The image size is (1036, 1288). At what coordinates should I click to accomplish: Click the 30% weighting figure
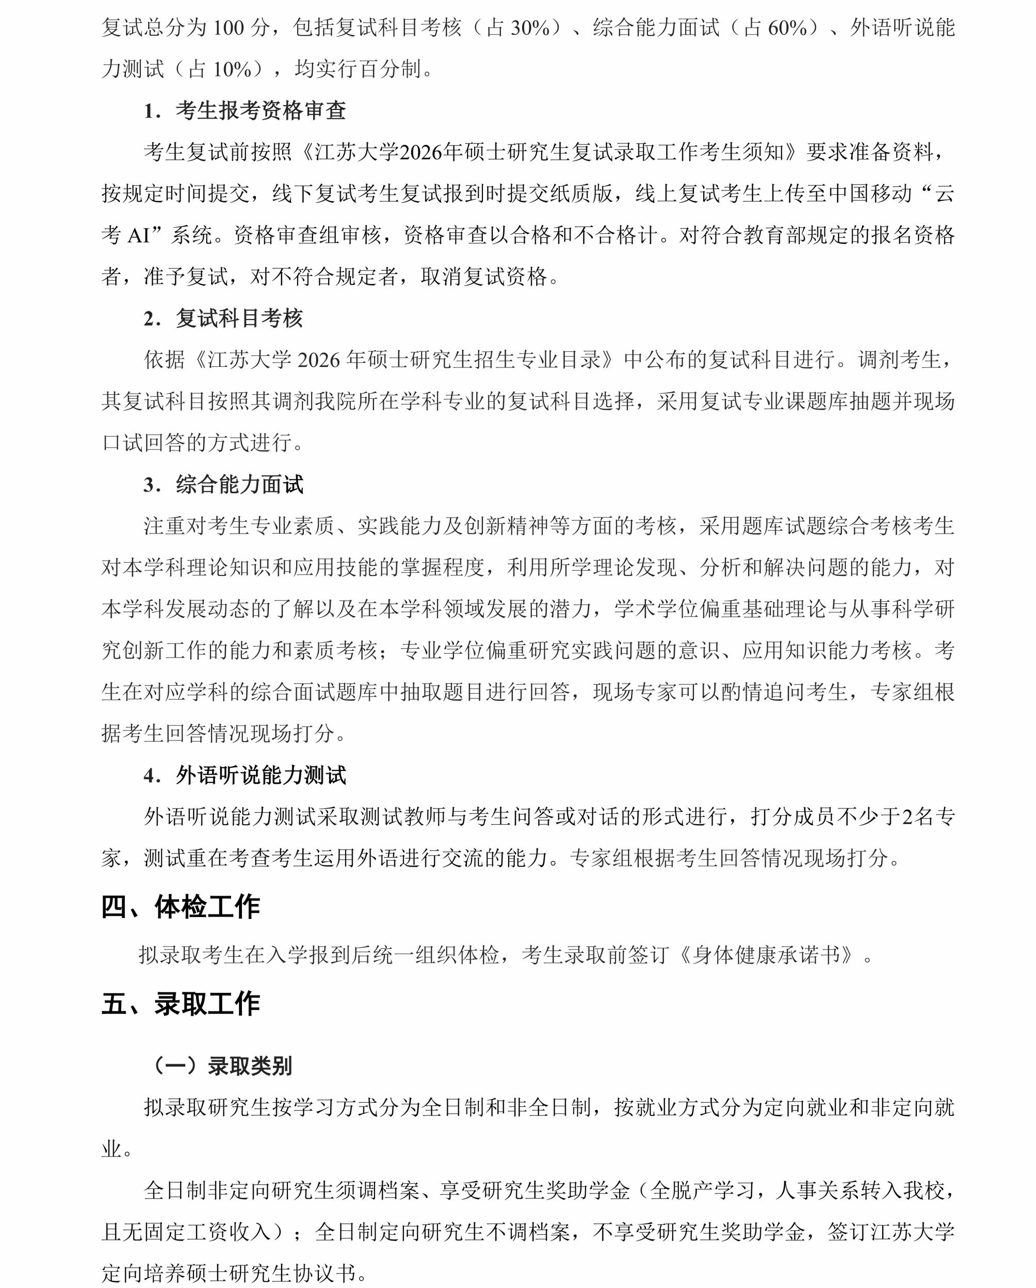coord(530,28)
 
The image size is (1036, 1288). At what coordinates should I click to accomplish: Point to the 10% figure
coord(232,70)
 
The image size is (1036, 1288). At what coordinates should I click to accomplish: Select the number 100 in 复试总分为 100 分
coord(228,28)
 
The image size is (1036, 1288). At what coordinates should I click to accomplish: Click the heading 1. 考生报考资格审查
coord(245,111)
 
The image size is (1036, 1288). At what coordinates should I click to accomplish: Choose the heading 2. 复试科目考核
coord(223,318)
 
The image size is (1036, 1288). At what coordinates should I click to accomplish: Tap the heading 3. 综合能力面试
coord(223,485)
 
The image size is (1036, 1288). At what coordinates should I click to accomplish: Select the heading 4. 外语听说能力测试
coord(245,776)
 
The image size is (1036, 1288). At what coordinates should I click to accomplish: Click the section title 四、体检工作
coord(181,907)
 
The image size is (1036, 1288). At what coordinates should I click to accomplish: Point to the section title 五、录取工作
coord(181,1004)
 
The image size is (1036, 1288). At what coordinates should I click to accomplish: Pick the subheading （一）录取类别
coord(223,1066)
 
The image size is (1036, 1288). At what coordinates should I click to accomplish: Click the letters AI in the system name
coord(139,236)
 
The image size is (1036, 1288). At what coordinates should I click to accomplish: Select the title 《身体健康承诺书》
coord(770,955)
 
